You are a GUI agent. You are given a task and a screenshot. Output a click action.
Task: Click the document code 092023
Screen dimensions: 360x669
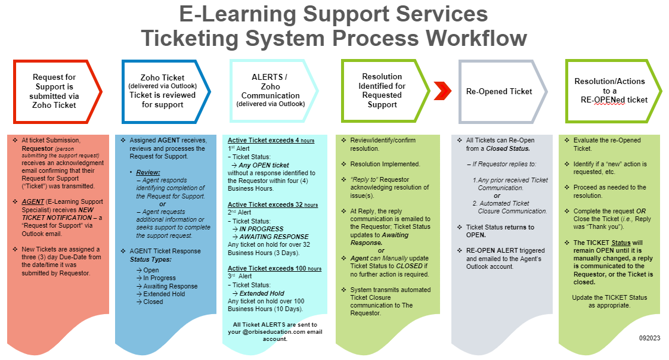[649, 338]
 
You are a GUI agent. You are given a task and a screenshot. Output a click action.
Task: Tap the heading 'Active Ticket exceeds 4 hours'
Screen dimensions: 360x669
[271, 141]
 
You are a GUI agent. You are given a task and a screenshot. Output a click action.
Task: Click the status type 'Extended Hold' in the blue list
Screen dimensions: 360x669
[165, 294]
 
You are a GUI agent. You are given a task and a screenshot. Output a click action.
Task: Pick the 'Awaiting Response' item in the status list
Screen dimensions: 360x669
[170, 286]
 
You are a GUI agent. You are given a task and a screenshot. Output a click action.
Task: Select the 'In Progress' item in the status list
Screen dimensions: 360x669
[159, 278]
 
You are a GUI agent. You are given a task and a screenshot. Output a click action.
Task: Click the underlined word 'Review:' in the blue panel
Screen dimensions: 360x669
[148, 172]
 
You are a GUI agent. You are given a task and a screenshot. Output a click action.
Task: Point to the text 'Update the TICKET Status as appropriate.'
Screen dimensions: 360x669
[609, 302]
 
